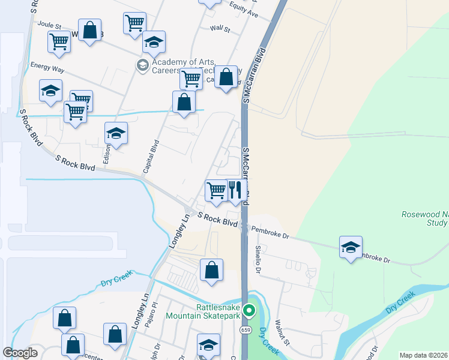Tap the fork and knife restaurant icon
[236, 191]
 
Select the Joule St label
[50, 25]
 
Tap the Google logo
[20, 353]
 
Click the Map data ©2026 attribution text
[423, 355]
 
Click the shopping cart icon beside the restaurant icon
[215, 191]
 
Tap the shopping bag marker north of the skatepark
[211, 270]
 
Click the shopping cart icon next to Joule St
[59, 41]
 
